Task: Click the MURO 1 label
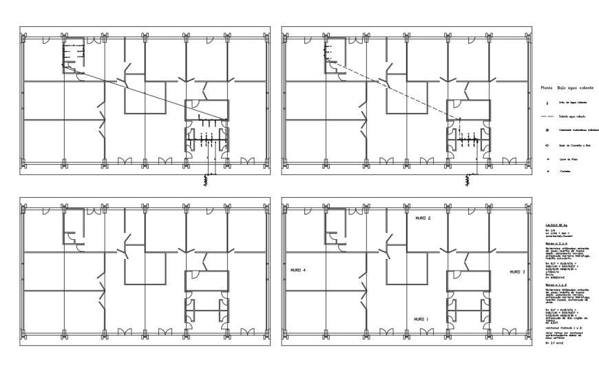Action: (421, 320)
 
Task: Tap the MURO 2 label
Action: (422, 218)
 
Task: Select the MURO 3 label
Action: (518, 272)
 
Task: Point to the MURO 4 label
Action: (298, 271)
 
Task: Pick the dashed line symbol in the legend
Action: (547, 116)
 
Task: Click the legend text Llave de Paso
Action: (567, 159)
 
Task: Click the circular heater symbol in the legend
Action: (547, 131)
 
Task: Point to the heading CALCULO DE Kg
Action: (556, 225)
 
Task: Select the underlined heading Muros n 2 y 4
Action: (556, 243)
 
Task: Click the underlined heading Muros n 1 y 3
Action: (556, 284)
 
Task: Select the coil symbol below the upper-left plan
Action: (204, 180)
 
